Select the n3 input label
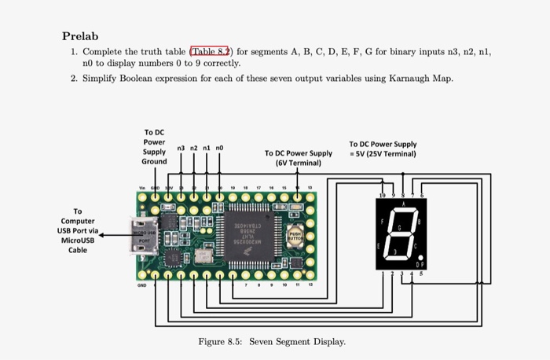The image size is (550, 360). pos(181,147)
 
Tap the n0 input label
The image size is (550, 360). pos(219,147)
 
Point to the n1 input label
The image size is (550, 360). pos(207,147)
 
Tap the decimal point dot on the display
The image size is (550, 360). pos(422,256)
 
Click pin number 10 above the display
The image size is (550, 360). pos(383,193)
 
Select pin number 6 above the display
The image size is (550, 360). pos(422,193)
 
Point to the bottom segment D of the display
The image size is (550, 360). pos(401,260)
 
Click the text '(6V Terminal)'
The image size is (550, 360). pos(299,163)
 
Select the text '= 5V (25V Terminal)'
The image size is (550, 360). pos(383,154)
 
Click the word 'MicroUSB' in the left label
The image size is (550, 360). pos(77,241)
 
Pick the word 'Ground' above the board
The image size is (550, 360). pos(154,161)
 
